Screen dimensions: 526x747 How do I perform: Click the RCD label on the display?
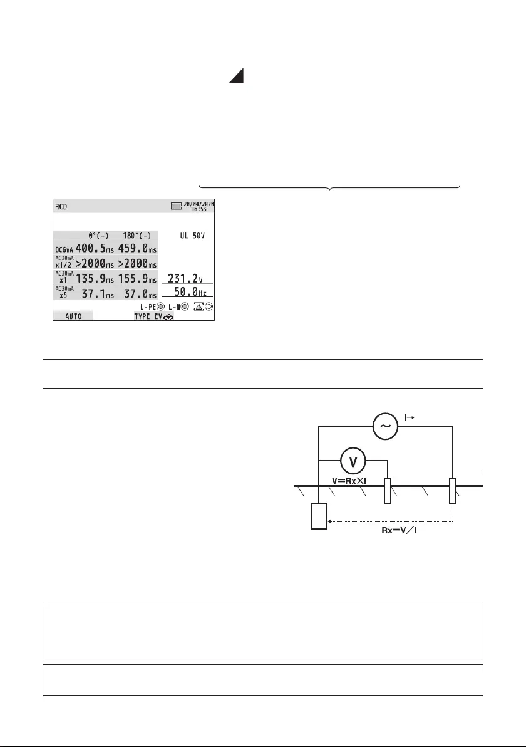(61, 207)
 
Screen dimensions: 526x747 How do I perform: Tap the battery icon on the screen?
(177, 206)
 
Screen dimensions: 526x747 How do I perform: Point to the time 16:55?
(199, 209)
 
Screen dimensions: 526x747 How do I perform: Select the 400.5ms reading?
(95, 248)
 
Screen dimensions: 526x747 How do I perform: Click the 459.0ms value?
(137, 248)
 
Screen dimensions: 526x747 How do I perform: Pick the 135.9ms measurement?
(95, 279)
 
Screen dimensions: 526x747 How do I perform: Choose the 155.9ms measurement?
(137, 279)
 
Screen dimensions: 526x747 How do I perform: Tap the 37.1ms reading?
(98, 294)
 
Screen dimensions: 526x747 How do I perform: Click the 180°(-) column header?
(137, 236)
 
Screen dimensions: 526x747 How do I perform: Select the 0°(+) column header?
(98, 236)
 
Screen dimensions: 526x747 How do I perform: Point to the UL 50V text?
(192, 236)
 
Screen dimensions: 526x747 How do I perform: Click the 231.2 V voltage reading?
(185, 278)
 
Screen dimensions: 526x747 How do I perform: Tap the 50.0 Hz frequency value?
(190, 291)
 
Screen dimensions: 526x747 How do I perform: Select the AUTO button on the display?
(73, 316)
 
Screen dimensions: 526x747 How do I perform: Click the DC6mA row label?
(64, 249)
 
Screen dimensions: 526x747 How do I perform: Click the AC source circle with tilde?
(385, 426)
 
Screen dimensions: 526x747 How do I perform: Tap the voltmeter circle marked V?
(353, 461)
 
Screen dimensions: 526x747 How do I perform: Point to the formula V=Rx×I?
(349, 481)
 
